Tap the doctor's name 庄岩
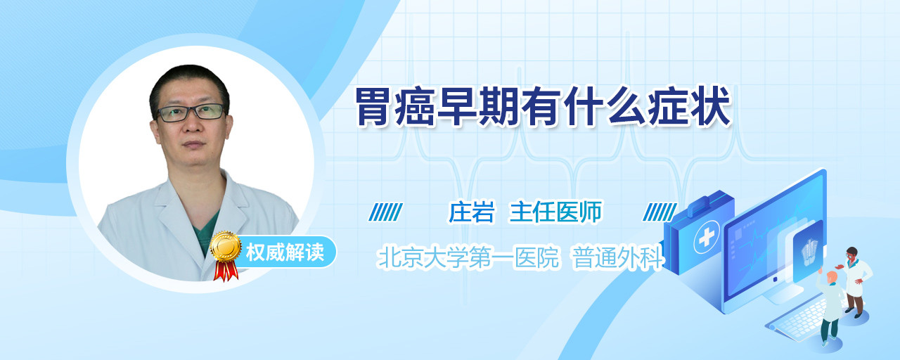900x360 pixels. tap(471, 212)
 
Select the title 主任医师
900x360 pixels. tap(555, 212)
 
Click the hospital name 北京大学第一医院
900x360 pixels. tap(469, 257)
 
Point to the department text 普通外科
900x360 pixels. tap(617, 257)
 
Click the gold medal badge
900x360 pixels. tap(226, 245)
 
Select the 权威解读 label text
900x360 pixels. tap(285, 252)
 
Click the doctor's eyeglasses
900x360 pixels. tap(191, 112)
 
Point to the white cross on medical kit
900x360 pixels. tap(706, 238)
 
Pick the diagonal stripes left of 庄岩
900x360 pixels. tap(386, 212)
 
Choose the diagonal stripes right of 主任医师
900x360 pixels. tap(660, 212)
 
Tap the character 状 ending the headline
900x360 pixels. tap(710, 108)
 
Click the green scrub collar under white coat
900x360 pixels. tap(206, 233)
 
